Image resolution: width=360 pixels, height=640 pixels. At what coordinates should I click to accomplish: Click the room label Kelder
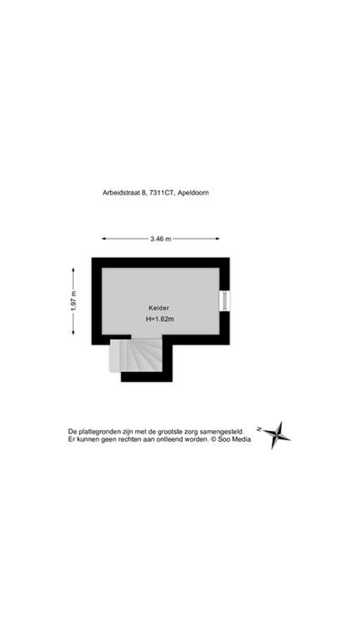tap(159, 308)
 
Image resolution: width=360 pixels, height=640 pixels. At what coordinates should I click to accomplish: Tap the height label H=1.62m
tap(160, 319)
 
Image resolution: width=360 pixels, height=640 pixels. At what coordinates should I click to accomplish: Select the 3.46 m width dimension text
tap(161, 239)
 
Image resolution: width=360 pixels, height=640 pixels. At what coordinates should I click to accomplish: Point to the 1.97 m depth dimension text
tap(74, 301)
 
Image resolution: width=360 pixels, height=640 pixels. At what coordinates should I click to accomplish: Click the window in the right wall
tap(225, 301)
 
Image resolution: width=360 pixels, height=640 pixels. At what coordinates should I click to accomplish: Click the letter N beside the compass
tap(259, 429)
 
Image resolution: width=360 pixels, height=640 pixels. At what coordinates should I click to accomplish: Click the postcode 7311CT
tap(162, 193)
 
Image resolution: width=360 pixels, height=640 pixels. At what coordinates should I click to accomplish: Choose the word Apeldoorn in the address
tap(193, 193)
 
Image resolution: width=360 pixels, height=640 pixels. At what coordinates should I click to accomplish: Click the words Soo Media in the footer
tap(235, 439)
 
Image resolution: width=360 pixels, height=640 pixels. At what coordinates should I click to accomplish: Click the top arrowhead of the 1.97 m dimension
tap(73, 270)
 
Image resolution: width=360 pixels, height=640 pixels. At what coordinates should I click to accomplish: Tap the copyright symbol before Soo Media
tap(214, 439)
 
